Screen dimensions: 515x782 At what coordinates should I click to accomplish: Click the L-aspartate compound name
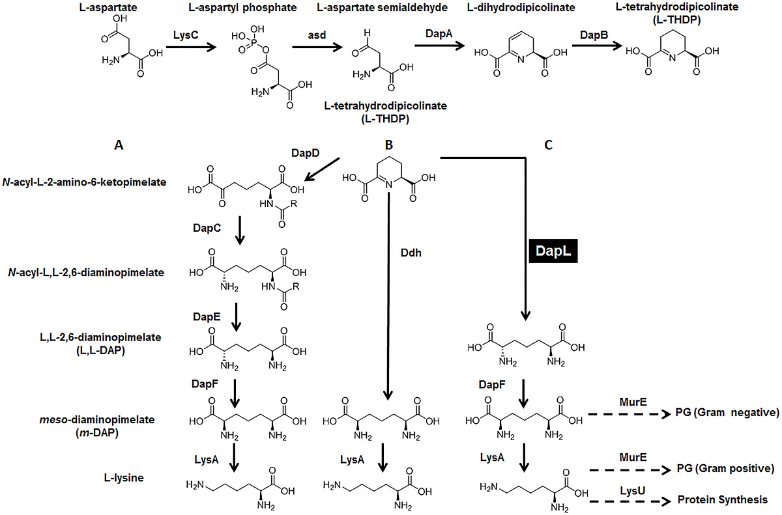(x=121, y=8)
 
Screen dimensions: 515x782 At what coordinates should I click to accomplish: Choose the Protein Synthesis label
(x=721, y=499)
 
